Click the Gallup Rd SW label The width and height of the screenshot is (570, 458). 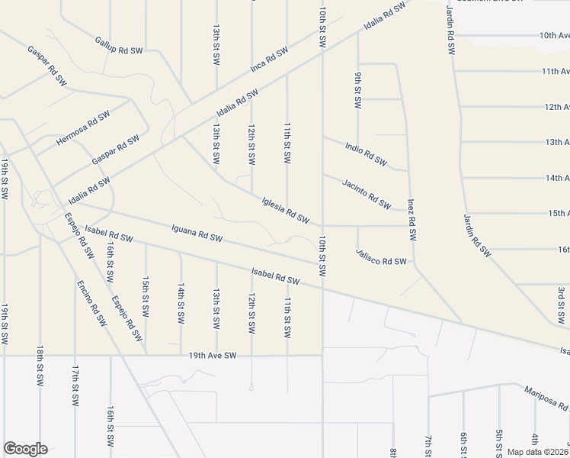coord(118,45)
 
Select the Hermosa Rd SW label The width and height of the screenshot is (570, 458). coord(78,131)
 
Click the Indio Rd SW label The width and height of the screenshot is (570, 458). coord(366,153)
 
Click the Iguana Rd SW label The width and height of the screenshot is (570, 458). coord(197,232)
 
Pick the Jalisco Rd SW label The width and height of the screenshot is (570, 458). coord(381,256)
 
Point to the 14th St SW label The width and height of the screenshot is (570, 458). coord(181,302)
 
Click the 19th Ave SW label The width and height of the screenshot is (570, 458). coord(213,356)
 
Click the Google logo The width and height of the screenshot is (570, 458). coord(24,449)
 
